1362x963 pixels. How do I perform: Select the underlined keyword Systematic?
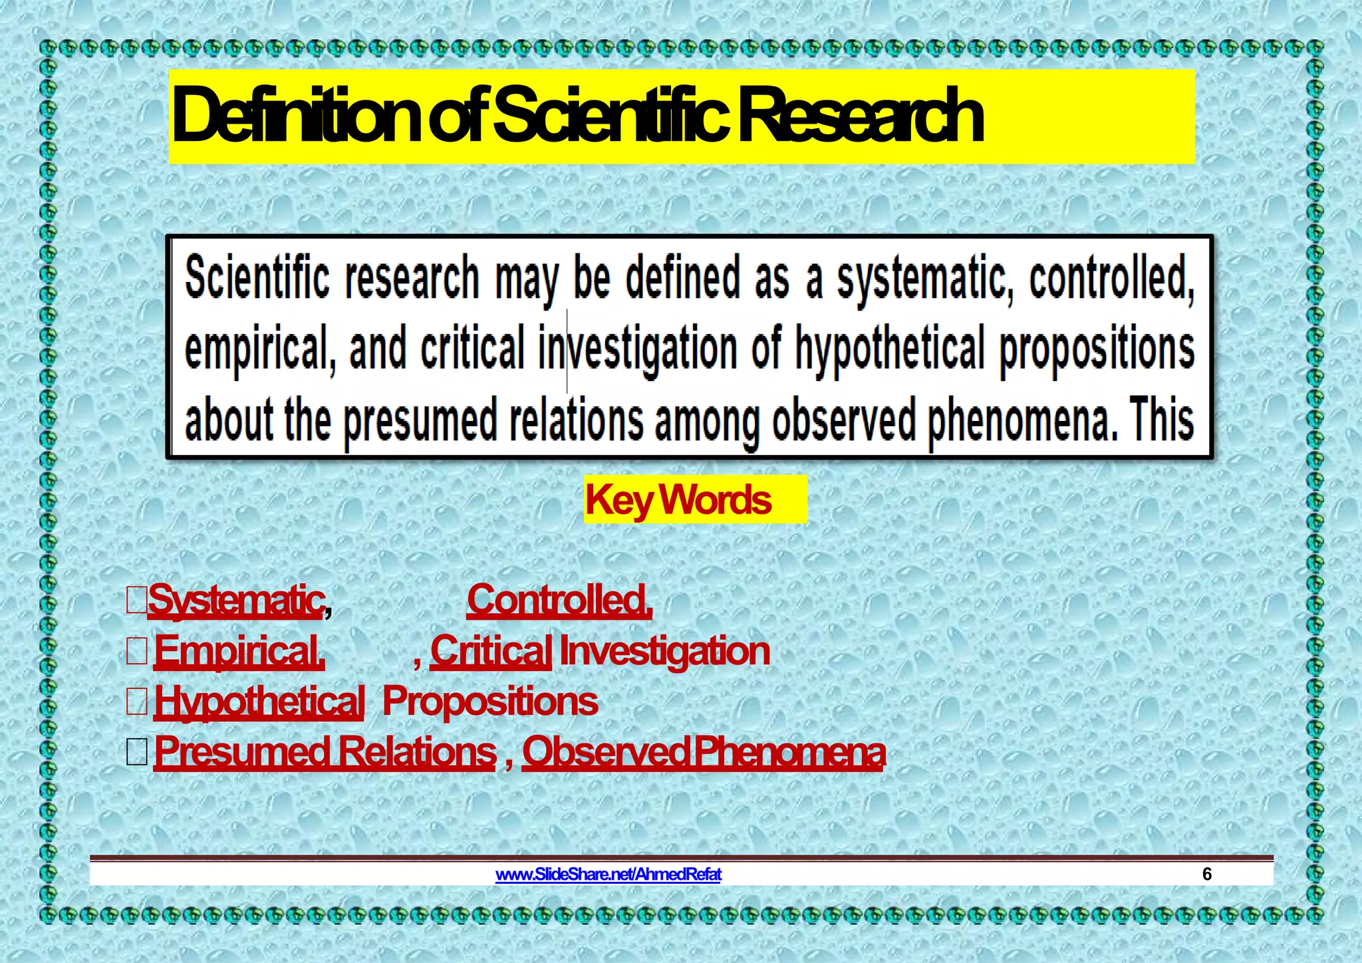point(236,600)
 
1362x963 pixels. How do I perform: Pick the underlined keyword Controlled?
point(559,600)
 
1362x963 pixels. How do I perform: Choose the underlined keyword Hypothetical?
point(259,702)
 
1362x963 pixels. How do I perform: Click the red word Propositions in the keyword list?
point(490,702)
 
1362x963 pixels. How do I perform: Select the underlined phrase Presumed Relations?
point(325,752)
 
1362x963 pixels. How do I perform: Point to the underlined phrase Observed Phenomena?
point(704,752)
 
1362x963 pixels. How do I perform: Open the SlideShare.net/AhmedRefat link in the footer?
point(608,874)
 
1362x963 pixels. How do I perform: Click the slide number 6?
point(1207,874)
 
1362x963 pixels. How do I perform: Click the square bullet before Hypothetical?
point(137,702)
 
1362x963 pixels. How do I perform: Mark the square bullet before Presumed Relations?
point(137,752)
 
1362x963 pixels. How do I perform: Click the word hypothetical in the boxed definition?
point(890,349)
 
